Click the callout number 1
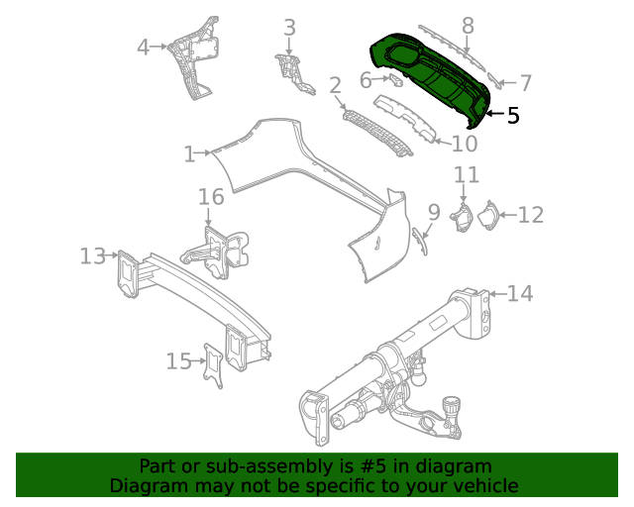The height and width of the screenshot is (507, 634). point(189,153)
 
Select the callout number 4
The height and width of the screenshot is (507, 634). point(143,47)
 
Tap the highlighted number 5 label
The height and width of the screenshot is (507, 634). point(512,116)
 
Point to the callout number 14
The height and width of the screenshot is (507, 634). point(520,293)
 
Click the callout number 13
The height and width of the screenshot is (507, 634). point(92,256)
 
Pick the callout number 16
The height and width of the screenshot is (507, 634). point(211,197)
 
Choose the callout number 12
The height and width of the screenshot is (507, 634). point(531,214)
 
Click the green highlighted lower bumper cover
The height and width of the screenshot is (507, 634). point(436,79)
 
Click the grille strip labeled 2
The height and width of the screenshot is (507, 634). point(376,133)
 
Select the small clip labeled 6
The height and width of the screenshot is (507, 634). point(394,78)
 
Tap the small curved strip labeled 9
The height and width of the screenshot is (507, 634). point(421,240)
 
